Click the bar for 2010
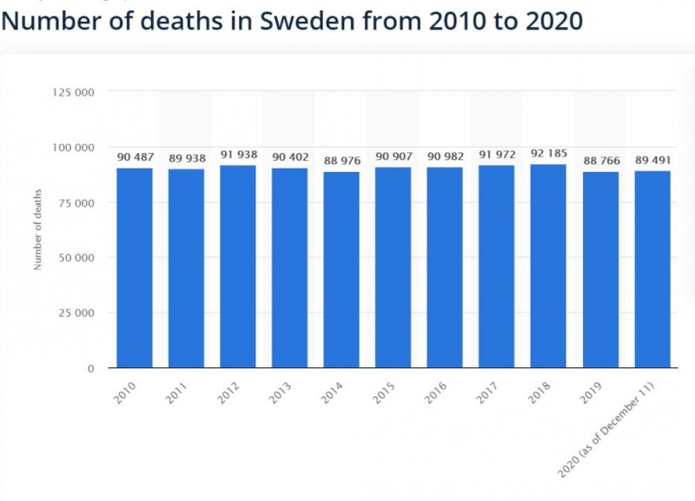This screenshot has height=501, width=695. coord(135,267)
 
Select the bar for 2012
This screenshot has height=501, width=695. coord(238,266)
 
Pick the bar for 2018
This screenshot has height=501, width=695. coord(548,266)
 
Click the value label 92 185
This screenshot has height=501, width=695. coord(548,155)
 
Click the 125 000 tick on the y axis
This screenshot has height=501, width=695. coord(74,92)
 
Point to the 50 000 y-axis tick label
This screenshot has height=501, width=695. coord(76,258)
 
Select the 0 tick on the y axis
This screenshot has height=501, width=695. coord(90,369)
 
